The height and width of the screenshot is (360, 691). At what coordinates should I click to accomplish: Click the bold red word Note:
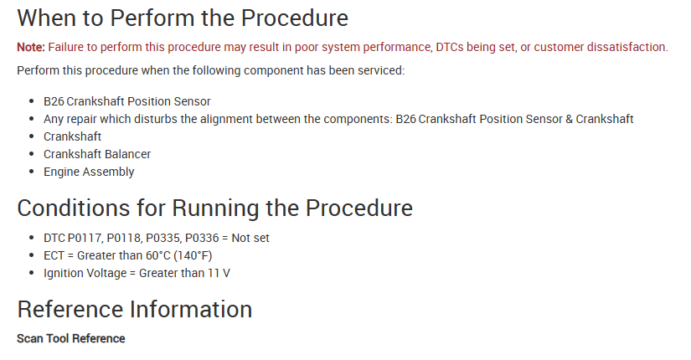31,47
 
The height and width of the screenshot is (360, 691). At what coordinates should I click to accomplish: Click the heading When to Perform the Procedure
183,18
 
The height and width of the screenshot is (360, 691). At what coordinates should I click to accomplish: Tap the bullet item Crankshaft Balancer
97,154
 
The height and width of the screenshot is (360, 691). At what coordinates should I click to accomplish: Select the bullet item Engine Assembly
89,172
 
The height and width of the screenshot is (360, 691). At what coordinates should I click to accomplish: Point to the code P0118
124,238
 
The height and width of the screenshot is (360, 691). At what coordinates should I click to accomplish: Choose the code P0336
202,238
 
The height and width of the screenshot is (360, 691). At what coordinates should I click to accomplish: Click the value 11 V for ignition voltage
219,273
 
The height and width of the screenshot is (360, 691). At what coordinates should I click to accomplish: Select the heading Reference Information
134,309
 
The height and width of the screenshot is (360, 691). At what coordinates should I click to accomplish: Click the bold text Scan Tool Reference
71,338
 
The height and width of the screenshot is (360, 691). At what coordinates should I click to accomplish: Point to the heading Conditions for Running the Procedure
214,208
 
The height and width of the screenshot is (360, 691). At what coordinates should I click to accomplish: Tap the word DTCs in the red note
450,47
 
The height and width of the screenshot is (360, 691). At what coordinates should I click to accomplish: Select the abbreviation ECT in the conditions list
54,255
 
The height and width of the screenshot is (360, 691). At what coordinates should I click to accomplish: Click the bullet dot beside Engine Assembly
31,172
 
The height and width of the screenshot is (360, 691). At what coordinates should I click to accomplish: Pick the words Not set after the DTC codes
250,238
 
